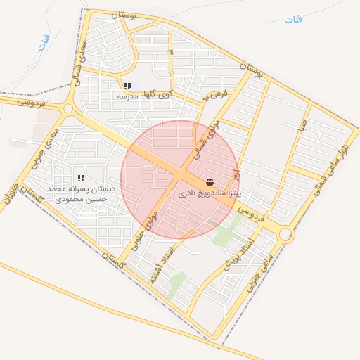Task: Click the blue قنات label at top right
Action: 294,20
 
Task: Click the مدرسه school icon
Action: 127,86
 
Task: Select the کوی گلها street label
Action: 156,94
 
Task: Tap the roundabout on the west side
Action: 68,109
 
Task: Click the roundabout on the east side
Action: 285,234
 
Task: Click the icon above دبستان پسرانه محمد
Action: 81,179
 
